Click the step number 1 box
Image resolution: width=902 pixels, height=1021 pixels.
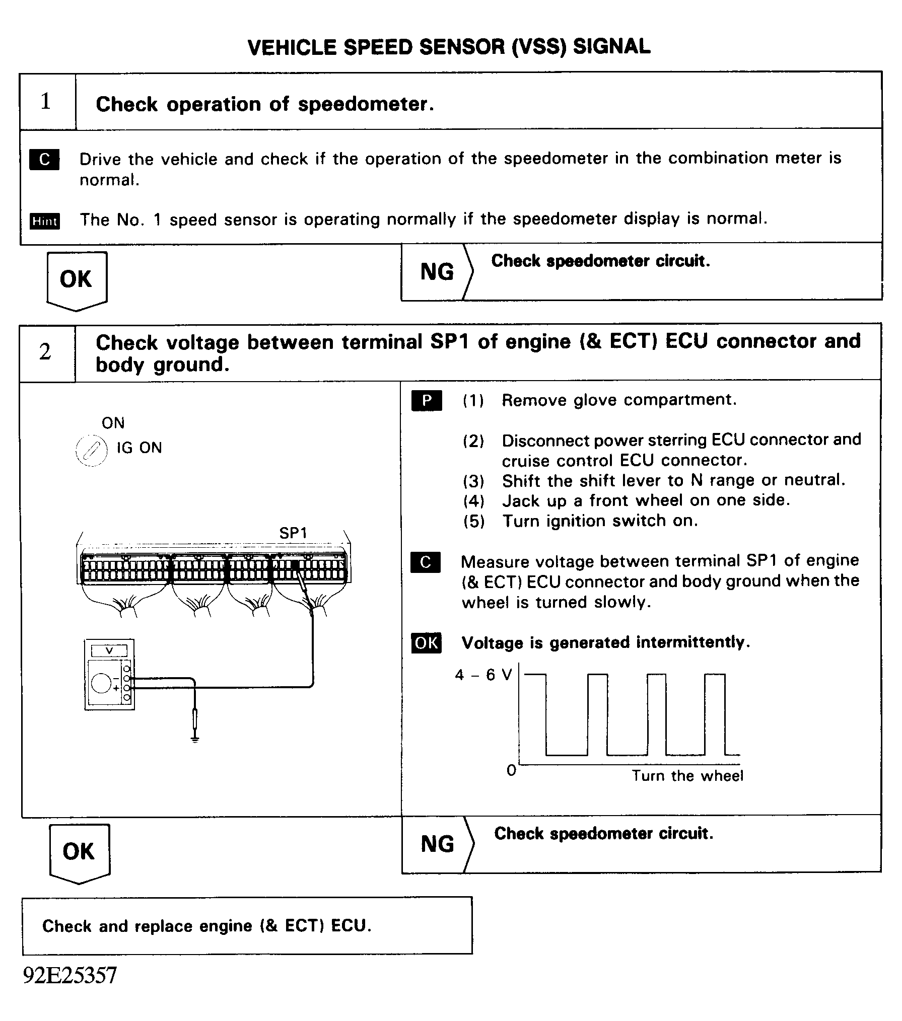coord(46,101)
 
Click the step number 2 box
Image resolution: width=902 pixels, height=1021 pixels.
coord(46,352)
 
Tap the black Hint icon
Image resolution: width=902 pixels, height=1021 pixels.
coord(44,221)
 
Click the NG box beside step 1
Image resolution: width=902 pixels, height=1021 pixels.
coord(437,272)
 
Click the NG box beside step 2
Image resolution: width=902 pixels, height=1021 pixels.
coord(437,844)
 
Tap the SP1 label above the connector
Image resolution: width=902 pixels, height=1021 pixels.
coord(293,533)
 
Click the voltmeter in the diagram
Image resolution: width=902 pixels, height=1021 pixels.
coord(109,675)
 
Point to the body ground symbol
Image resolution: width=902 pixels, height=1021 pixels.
coord(195,739)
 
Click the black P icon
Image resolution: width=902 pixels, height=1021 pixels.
coord(427,400)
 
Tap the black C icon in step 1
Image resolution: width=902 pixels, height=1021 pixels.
coord(44,159)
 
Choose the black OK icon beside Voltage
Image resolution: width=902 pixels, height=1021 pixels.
coord(426,643)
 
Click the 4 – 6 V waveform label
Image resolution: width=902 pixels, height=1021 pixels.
coord(482,675)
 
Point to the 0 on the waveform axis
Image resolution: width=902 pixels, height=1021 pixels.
coord(511,770)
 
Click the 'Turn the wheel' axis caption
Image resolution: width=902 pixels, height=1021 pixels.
coord(687,775)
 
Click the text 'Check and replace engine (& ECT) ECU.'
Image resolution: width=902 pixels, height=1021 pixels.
coord(206,926)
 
